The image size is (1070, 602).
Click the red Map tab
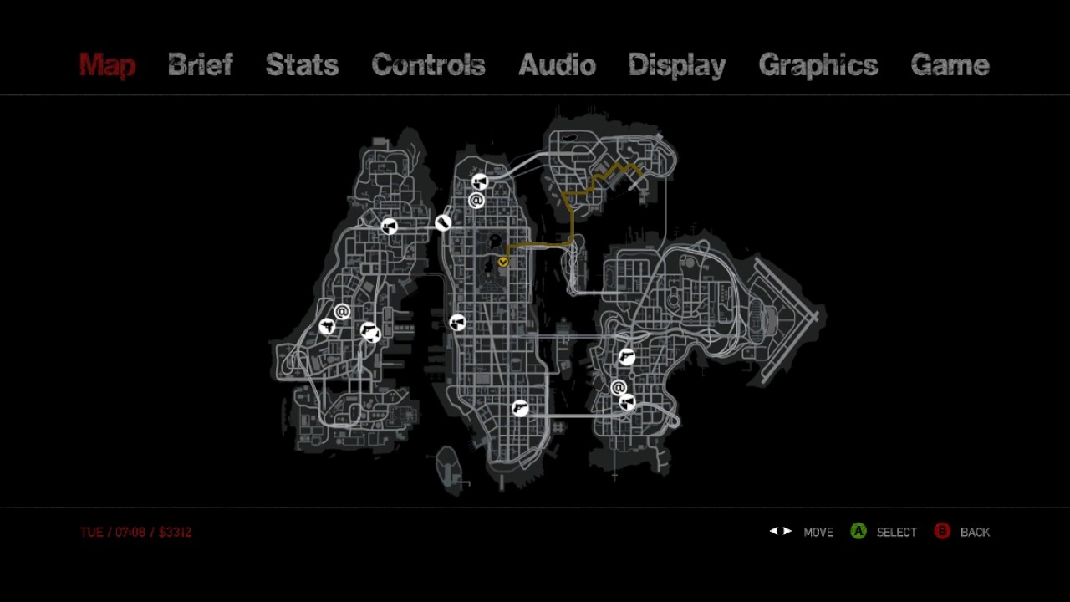(107, 65)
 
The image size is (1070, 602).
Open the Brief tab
(200, 65)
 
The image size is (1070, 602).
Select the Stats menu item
(302, 65)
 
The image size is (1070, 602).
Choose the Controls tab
(428, 65)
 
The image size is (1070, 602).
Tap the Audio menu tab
(557, 65)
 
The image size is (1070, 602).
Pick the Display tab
(676, 65)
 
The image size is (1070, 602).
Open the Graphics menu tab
(818, 65)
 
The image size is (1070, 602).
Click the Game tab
(950, 65)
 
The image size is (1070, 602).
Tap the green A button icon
(858, 531)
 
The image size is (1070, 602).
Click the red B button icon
(942, 531)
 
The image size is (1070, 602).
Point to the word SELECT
(896, 532)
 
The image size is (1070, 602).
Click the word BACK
(975, 532)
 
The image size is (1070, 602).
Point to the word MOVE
(818, 532)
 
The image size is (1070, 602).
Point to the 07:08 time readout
(130, 532)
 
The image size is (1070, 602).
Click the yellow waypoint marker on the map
(503, 262)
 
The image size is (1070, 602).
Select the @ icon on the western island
(342, 312)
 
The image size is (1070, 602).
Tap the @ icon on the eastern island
(619, 387)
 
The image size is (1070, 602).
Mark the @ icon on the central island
(476, 200)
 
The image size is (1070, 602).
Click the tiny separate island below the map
(449, 466)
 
